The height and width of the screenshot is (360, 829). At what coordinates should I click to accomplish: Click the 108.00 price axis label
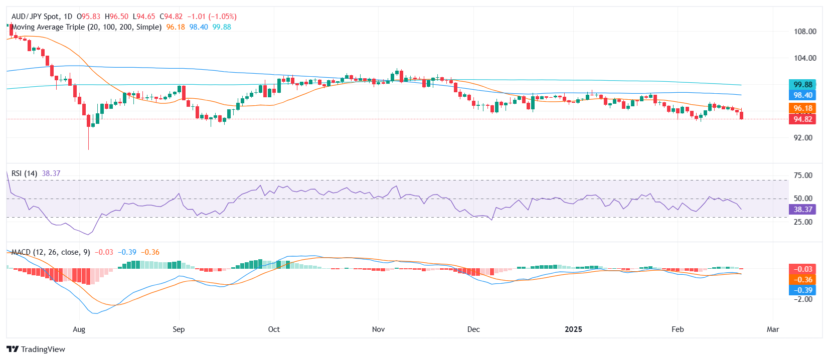click(x=804, y=31)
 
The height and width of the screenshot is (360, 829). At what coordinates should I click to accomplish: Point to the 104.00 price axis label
click(x=804, y=58)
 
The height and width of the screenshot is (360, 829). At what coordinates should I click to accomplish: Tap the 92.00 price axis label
click(x=802, y=137)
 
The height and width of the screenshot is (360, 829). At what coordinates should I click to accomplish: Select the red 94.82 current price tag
click(x=802, y=119)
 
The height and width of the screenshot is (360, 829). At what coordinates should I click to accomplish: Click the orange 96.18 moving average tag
click(x=802, y=108)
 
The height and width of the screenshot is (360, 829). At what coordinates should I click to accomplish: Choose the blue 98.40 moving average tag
click(x=802, y=95)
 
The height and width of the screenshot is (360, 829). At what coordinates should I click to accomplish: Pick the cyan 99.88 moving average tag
click(x=802, y=84)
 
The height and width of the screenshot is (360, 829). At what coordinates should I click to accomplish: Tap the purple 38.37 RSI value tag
click(x=802, y=209)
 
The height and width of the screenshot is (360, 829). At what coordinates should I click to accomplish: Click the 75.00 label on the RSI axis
click(x=802, y=175)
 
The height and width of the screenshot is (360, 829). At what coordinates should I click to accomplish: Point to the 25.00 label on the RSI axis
click(x=802, y=222)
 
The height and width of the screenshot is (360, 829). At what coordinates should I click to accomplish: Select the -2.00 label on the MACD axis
click(x=802, y=299)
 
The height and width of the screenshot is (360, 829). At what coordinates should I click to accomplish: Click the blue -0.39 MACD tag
click(x=802, y=290)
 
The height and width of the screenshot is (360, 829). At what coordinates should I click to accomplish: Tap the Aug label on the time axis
click(x=79, y=329)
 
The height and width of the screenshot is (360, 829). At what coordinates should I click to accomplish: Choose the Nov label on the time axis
click(x=378, y=329)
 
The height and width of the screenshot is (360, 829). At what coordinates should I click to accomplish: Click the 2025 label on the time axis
click(x=573, y=329)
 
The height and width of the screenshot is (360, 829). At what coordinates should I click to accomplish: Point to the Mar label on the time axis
click(x=772, y=329)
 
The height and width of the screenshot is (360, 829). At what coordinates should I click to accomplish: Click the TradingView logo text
click(x=43, y=349)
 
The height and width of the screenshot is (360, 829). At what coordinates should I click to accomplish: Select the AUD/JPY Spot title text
click(x=35, y=17)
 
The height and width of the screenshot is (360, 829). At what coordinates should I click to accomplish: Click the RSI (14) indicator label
click(x=24, y=173)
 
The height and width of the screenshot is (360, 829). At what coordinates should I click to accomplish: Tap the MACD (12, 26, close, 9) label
click(x=50, y=252)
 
